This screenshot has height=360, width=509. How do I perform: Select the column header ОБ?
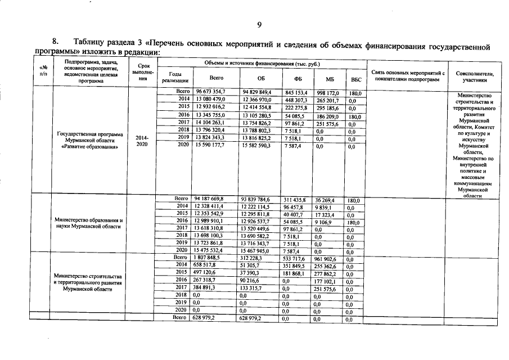pos(260,79)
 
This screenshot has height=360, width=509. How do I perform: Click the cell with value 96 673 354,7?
pos(210,92)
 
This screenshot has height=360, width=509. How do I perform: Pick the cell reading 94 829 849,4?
pos(257,92)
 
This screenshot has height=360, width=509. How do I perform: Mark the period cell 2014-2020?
pos(142,140)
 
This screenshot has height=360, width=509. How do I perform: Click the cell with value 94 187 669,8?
pos(209,199)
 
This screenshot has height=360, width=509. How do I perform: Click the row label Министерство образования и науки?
pos(89,223)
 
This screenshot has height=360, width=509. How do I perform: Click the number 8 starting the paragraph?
pos(55,42)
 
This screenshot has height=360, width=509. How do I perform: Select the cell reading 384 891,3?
pos(206,287)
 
